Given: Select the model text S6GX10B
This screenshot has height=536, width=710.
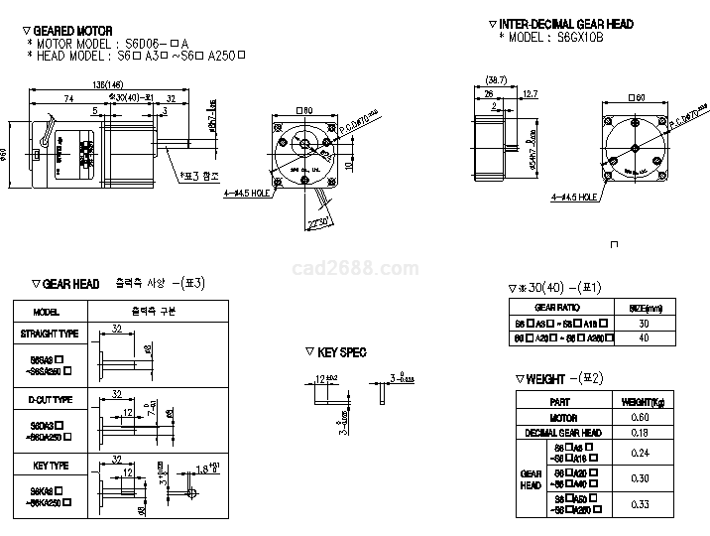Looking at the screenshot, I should point(579,37).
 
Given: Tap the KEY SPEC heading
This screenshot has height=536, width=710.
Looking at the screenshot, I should point(343,352).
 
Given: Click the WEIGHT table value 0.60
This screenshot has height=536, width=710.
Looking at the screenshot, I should point(640,418).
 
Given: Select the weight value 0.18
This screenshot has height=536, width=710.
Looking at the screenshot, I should point(640,433).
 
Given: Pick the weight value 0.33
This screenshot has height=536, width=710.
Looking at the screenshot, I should point(640,505).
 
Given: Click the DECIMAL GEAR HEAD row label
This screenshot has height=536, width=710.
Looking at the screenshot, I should point(563,433).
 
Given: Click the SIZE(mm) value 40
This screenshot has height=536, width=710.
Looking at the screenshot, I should point(644,338).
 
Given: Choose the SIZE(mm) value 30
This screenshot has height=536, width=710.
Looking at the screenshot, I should point(644,324).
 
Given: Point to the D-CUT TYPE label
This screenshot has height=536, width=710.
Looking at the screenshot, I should point(51,400).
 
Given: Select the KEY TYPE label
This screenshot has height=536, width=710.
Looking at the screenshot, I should point(49,465).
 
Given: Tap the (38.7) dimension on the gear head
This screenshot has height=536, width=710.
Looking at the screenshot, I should point(497,78).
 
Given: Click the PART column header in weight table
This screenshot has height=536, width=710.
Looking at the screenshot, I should point(560,402).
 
